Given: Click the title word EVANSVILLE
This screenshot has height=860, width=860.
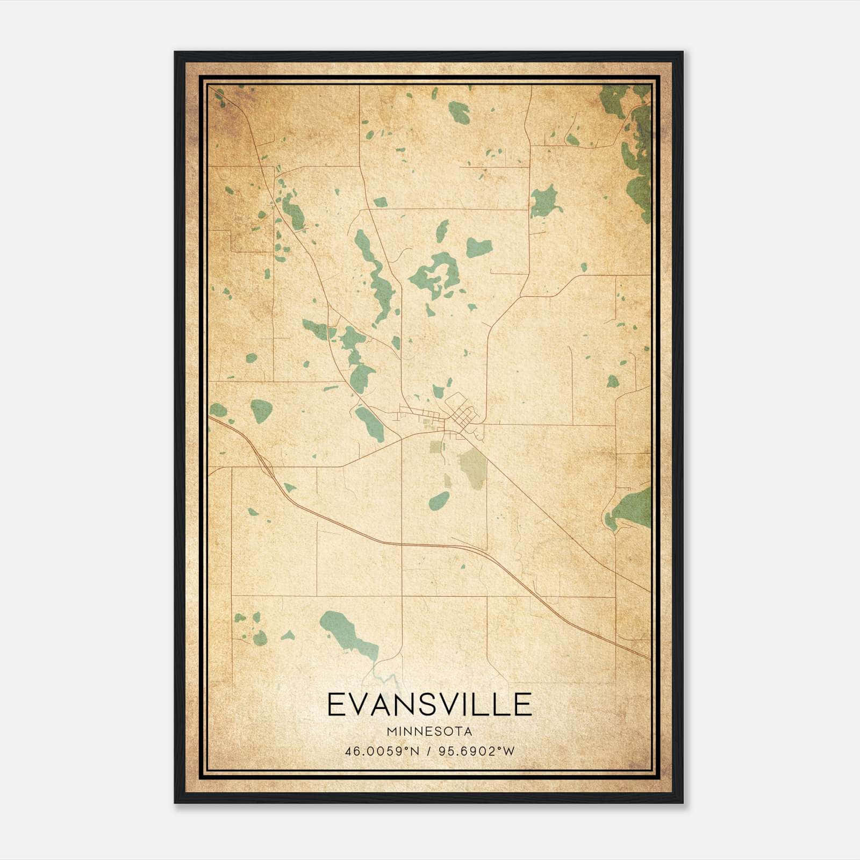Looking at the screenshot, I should click(429, 705).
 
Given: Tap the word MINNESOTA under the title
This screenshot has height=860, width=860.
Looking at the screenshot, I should click(429, 732).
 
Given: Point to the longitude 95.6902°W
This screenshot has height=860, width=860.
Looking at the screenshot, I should click(477, 751).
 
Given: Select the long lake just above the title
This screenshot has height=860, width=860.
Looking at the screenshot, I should click(344, 629).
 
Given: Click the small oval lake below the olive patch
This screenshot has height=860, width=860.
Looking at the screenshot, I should click(439, 501).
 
